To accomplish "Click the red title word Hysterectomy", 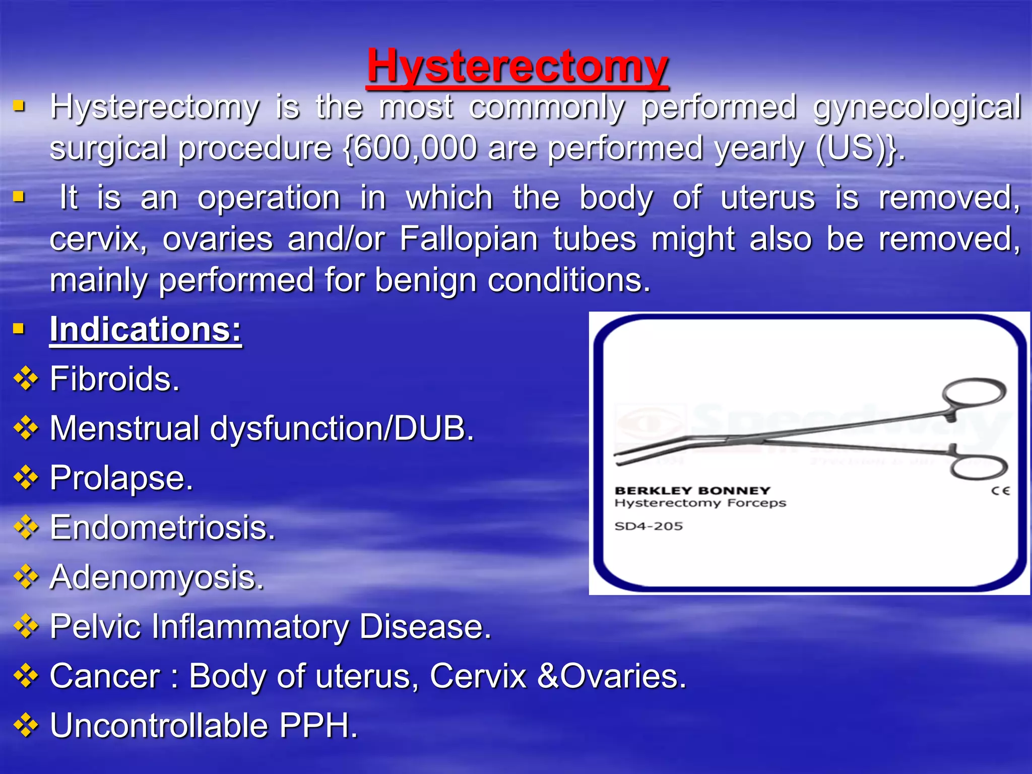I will (x=518, y=67).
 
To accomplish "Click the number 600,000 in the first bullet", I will (x=414, y=149).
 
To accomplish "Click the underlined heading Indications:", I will (x=146, y=330).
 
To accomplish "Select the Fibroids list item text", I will (x=114, y=379).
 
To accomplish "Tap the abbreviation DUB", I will (x=432, y=429).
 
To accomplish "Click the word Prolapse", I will (x=121, y=478).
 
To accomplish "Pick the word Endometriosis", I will (x=162, y=528).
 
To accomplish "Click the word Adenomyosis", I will (x=156, y=577).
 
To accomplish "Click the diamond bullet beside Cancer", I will (x=26, y=676).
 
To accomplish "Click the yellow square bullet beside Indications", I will (x=19, y=330).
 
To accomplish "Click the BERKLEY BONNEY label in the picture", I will (x=692, y=490).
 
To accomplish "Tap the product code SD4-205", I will (x=649, y=526).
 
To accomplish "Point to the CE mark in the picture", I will (x=1000, y=491).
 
